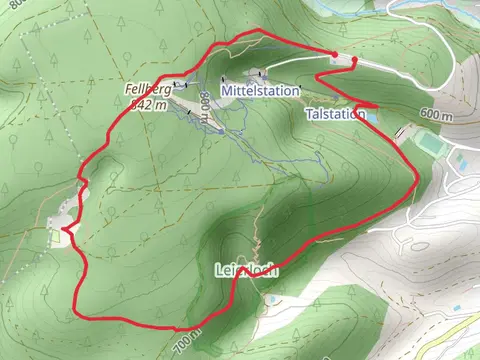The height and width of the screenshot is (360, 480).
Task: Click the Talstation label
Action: (334, 115)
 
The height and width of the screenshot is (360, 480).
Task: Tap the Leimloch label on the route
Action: (245, 270)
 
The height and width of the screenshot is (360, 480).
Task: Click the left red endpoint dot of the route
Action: (333, 53)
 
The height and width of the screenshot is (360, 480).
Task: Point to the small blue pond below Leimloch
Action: (271, 298)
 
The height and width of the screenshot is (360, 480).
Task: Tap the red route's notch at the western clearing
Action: (66, 229)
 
